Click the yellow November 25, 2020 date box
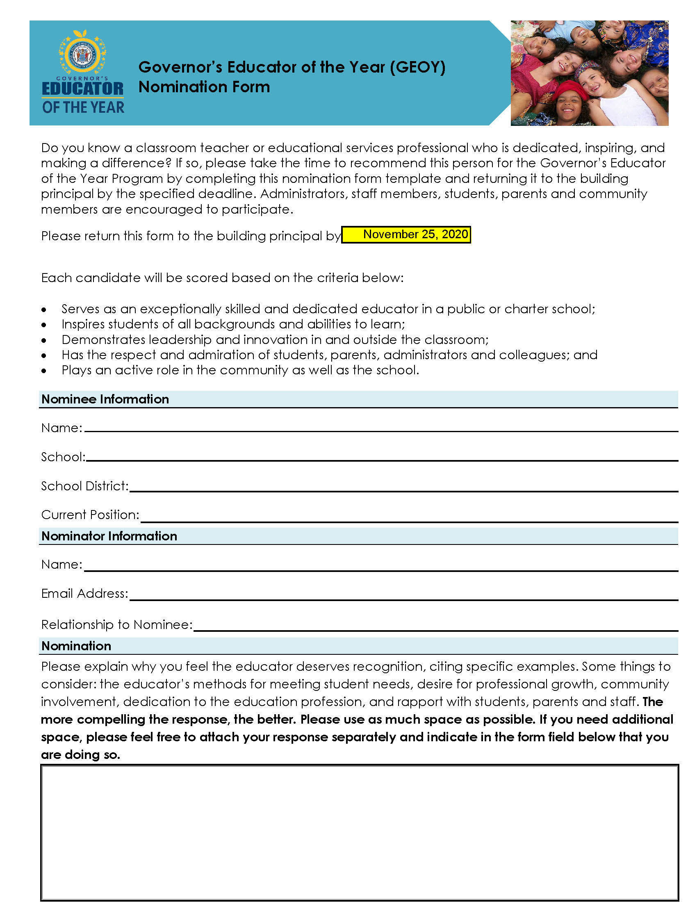click(x=406, y=235)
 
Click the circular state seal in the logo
click(x=82, y=54)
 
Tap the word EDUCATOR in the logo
click(x=82, y=89)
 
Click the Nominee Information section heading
click(x=105, y=399)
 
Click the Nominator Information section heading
click(x=109, y=536)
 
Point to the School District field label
click(x=84, y=486)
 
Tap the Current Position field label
click(x=90, y=515)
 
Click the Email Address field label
click(x=84, y=593)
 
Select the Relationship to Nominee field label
click(x=117, y=624)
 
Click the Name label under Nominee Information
click(x=61, y=428)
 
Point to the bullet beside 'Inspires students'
click(x=44, y=325)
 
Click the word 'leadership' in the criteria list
click(x=180, y=339)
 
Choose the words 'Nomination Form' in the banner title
click(x=204, y=87)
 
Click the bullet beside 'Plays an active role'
click(x=44, y=371)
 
